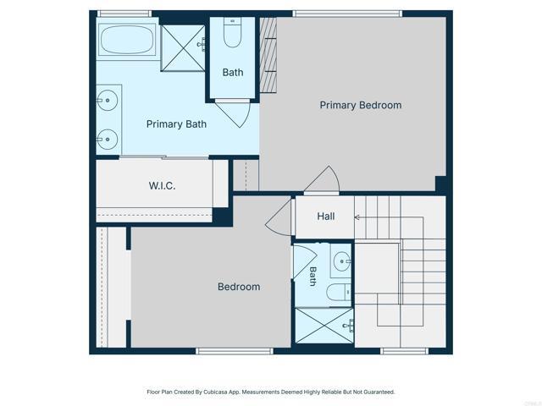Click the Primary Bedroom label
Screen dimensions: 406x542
360,106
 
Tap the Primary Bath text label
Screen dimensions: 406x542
176,124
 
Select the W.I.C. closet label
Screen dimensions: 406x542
162,186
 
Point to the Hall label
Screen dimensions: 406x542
326,217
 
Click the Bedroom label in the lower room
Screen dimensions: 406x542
239,287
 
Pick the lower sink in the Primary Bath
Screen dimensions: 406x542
107,139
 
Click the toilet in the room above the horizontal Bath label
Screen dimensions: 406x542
234,35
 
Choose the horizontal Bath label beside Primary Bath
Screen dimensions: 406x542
233,73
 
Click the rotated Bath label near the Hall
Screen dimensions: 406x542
312,275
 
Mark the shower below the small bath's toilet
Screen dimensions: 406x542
324,326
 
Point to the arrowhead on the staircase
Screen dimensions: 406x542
357,217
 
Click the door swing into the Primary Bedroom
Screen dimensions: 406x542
323,180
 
